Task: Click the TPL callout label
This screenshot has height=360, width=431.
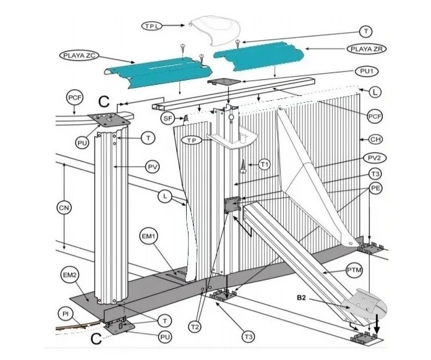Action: point(152,26)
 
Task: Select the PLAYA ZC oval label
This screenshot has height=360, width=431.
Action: point(79,56)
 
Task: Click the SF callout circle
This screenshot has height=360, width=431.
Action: point(168,119)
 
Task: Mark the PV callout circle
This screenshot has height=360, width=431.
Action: point(153,166)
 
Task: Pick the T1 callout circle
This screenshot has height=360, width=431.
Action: point(264,165)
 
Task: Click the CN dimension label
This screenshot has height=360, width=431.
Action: point(64,208)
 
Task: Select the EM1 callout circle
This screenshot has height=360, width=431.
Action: point(148,236)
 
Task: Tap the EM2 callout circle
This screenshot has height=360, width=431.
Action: point(69,275)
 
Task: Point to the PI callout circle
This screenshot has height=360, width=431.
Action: point(66,314)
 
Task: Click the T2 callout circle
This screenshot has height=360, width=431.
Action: point(195,327)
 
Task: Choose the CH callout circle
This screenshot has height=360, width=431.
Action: point(375,139)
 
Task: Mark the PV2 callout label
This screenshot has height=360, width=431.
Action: point(375,158)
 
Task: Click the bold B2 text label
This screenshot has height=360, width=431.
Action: point(301,298)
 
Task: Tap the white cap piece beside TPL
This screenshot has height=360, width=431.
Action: point(215,31)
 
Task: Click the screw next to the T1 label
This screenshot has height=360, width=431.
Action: point(243,166)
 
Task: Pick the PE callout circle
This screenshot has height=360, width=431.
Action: point(375,188)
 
